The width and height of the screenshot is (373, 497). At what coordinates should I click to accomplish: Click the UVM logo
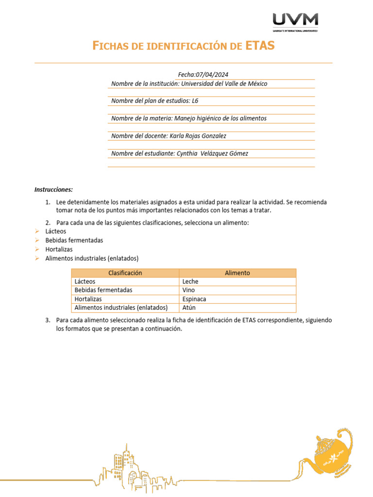[x=295, y=22]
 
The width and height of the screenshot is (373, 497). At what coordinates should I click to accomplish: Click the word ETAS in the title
[x=260, y=46]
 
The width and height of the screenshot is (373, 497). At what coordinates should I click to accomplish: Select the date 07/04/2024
[x=211, y=74]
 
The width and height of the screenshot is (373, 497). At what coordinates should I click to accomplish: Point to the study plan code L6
[x=195, y=101]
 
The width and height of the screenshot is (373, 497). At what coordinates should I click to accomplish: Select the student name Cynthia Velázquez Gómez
[x=212, y=153]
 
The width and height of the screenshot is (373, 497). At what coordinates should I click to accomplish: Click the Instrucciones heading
[x=53, y=189]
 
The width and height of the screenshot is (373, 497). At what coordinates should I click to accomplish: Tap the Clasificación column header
[x=125, y=273]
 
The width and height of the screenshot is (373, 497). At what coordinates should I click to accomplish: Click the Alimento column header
[x=237, y=273]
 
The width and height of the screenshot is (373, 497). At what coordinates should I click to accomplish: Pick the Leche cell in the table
[x=190, y=282]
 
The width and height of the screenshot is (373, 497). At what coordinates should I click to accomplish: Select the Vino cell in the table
[x=189, y=290]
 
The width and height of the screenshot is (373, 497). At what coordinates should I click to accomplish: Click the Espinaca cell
[x=194, y=299]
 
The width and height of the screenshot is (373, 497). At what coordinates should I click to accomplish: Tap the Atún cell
[x=189, y=308]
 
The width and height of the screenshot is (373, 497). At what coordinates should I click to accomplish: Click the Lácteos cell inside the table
[x=85, y=282]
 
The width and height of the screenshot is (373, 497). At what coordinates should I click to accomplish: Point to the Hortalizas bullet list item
[x=59, y=249]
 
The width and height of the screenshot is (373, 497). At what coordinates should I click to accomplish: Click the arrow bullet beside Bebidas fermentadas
[x=37, y=240]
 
